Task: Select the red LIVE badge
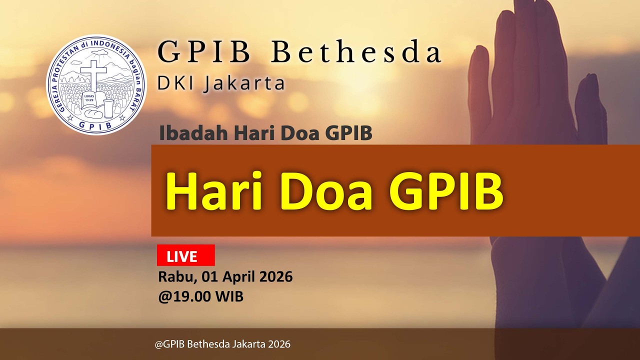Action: (185, 255)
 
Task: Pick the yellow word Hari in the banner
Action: (214, 192)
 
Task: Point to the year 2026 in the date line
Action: (276, 276)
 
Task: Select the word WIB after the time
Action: (229, 296)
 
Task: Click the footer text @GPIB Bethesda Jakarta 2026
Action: (222, 344)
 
